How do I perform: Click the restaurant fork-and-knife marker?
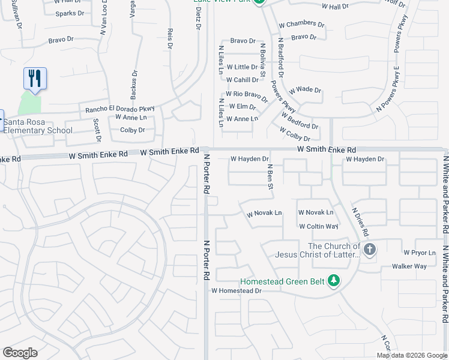point(35,79)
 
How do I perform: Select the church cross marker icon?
point(370,250)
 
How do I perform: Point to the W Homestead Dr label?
point(237,291)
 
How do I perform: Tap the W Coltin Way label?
point(318,226)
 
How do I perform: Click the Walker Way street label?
point(409,266)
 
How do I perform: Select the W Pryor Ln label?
point(423,253)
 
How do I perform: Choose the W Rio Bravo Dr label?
point(246,95)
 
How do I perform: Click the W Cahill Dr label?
point(242,80)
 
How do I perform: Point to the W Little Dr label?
point(242,67)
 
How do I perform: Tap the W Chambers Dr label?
point(301,25)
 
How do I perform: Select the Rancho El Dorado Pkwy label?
point(120,109)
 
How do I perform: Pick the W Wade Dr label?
point(305,90)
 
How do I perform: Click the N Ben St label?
point(270,178)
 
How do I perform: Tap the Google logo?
point(20,353)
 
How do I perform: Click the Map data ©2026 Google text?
point(412,355)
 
